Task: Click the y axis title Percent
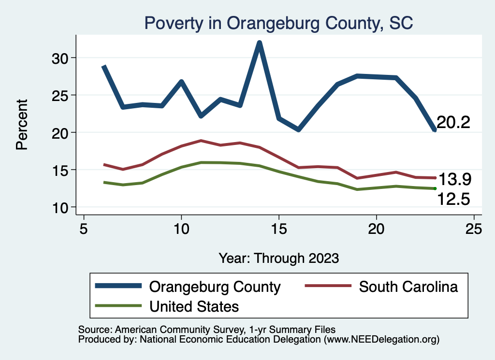tap(22, 124)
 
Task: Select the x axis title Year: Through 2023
tap(278, 258)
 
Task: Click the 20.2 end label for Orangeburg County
tap(453, 123)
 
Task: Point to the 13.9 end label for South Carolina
tap(454, 180)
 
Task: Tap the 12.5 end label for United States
tap(454, 199)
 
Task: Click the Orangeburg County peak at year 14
tap(260, 43)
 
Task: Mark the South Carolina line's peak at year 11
tap(201, 141)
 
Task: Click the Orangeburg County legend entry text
tap(215, 287)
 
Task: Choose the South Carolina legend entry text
tap(408, 287)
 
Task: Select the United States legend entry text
tap(194, 306)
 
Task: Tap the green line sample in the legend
tap(118, 306)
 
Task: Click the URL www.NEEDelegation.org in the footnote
tap(381, 339)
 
